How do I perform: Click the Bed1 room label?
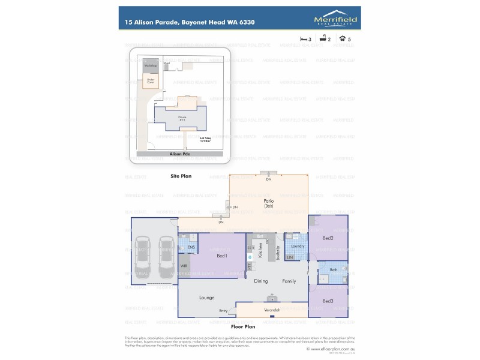(221, 256)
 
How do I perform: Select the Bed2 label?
(329, 238)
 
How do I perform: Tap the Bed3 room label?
(328, 301)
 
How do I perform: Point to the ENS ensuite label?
(191, 247)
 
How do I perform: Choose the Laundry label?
(296, 246)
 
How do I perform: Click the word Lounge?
(207, 297)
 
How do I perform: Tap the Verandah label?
(272, 310)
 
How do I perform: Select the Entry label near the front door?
(223, 310)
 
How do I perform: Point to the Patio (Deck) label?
(269, 203)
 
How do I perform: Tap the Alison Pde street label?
(179, 154)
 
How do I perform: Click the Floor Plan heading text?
(244, 328)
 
